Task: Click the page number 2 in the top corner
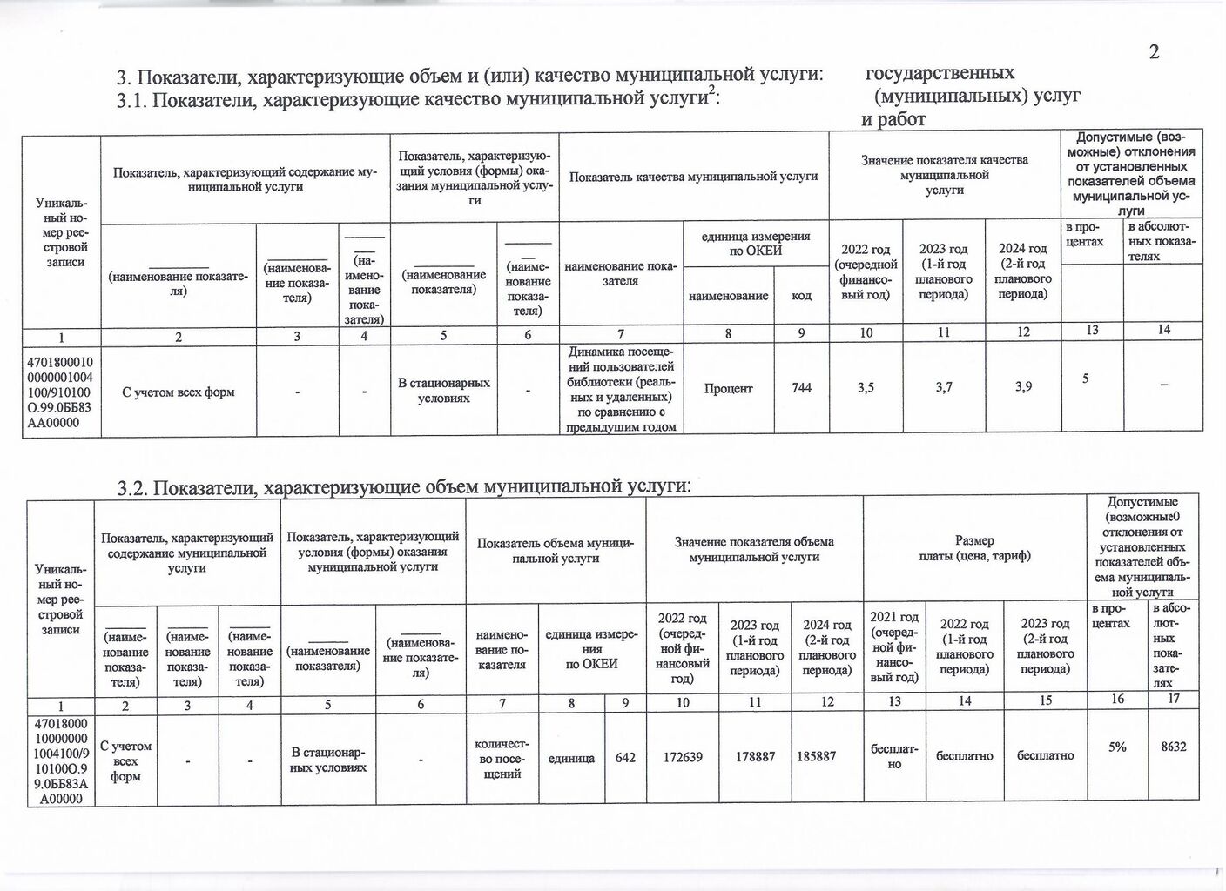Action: (x=1154, y=51)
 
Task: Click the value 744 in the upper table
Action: (x=801, y=388)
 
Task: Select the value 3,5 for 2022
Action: (x=866, y=388)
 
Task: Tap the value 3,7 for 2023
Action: (x=944, y=388)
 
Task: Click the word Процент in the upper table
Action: (x=728, y=388)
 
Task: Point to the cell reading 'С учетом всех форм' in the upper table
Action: (x=179, y=392)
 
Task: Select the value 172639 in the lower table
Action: (x=683, y=757)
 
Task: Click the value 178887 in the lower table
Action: (x=755, y=757)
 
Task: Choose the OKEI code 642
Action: (x=625, y=757)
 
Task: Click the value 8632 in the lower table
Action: (x=1173, y=747)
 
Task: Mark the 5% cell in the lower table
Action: (x=1117, y=747)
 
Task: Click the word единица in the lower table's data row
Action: (x=571, y=758)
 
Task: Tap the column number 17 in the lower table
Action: (x=1173, y=698)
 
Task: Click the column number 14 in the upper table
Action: (x=1163, y=329)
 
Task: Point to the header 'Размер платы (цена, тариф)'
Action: (x=973, y=548)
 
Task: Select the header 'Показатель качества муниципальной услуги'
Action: (x=693, y=177)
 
